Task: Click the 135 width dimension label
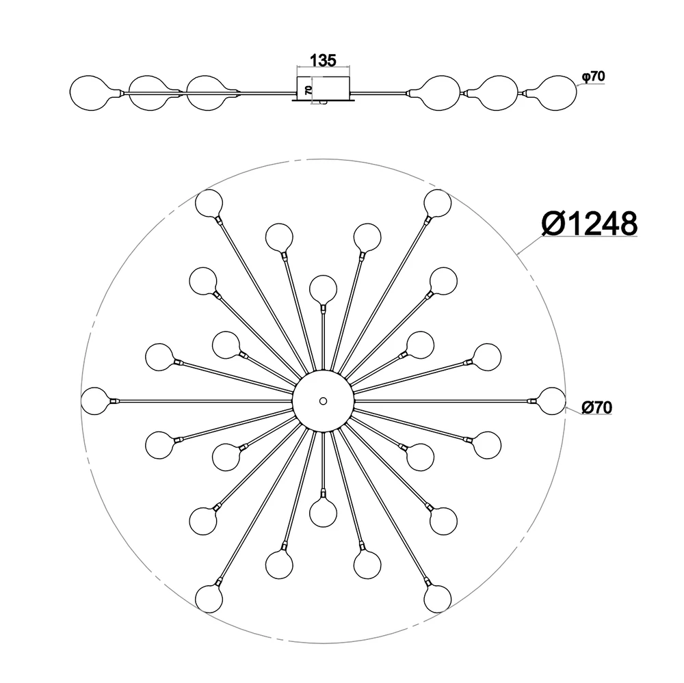tap(323, 61)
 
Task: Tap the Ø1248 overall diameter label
tap(590, 224)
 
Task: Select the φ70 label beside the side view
tap(593, 77)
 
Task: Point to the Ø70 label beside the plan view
tap(596, 407)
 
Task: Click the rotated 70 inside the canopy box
tap(308, 90)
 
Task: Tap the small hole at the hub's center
tap(323, 401)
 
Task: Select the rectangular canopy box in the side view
tap(324, 89)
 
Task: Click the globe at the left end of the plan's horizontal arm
tap(95, 401)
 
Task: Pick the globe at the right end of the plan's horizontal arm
tap(552, 401)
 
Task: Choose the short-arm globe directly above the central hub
tap(324, 289)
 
